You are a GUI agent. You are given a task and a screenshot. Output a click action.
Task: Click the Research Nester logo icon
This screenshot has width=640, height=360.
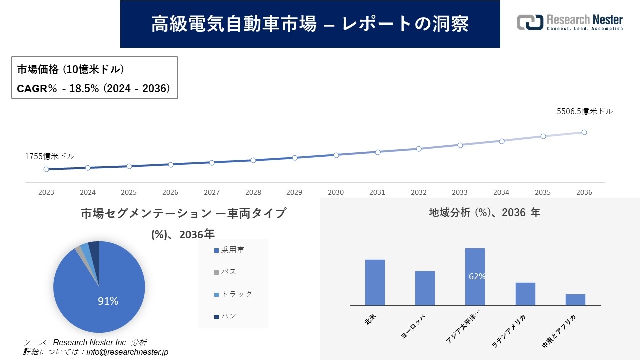tap(530, 22)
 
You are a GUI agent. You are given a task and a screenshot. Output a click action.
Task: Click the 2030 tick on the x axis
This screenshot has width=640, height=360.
tap(336, 192)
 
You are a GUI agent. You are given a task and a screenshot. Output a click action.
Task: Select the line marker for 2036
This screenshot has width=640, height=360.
tap(584, 132)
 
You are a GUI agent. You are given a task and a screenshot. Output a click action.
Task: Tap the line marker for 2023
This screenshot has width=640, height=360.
tap(46, 169)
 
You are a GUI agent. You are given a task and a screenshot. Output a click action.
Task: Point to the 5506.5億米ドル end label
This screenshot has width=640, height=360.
tap(584, 111)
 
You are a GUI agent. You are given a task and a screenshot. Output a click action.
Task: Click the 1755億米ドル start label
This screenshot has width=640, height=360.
tap(50, 156)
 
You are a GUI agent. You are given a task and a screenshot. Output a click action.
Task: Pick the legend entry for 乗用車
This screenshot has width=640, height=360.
tap(229, 250)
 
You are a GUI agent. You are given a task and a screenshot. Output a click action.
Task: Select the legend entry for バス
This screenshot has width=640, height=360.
tap(225, 272)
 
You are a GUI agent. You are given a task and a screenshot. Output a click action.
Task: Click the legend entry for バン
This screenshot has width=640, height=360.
tap(225, 316)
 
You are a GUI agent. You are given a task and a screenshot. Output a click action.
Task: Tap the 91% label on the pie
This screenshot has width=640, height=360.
tap(108, 301)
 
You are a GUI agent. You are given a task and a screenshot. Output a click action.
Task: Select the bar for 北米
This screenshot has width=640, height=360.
tap(375, 282)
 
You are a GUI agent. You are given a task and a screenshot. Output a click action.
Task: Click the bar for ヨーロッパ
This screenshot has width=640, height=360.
tap(425, 288)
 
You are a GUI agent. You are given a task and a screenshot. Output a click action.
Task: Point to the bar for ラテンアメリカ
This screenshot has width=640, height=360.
tap(525, 294)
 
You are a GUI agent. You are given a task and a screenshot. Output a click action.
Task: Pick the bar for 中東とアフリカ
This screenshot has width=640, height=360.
tap(575, 300)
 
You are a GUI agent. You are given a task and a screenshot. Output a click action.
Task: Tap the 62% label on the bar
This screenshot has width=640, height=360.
tap(477, 276)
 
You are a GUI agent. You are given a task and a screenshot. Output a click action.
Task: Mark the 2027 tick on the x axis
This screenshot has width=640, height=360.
tap(212, 192)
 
